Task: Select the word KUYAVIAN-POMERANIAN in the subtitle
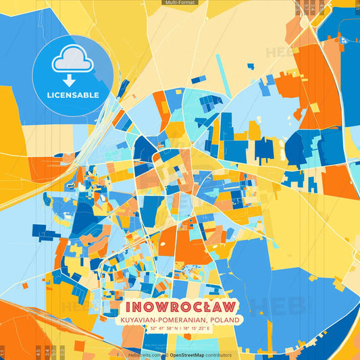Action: coord(159,319)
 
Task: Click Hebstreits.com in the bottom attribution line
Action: coord(144,355)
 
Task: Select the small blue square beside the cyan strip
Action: coord(250,66)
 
